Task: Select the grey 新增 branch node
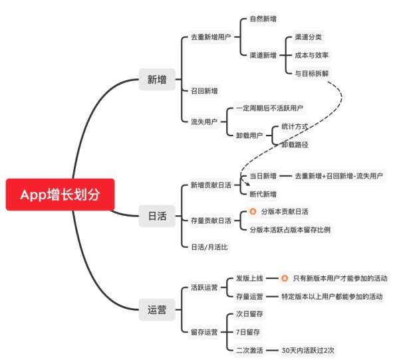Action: click(x=157, y=80)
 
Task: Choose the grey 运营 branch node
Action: click(x=157, y=309)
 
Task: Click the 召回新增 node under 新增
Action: click(x=203, y=90)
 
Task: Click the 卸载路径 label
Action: click(x=295, y=143)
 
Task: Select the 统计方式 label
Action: click(x=295, y=126)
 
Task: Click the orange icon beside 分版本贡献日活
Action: click(x=253, y=211)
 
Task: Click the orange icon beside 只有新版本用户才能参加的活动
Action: click(x=285, y=278)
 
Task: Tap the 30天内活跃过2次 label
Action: click(x=309, y=349)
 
